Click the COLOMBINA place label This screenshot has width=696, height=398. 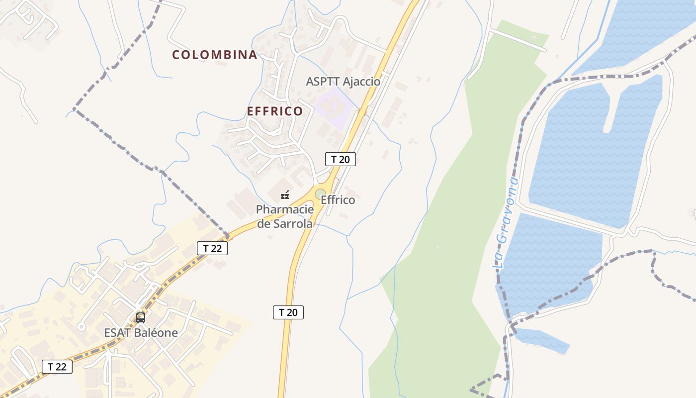(215, 55)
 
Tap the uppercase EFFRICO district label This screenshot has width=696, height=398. (275, 111)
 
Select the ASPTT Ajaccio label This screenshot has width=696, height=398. (343, 82)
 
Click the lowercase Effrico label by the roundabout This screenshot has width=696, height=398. (338, 200)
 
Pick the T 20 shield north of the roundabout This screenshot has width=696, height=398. (341, 159)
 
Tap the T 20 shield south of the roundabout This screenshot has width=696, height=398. (288, 312)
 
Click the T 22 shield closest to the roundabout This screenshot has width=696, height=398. (212, 248)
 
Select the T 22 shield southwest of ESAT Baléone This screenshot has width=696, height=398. (57, 367)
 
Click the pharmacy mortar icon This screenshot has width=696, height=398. (285, 195)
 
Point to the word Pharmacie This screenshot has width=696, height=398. (285, 209)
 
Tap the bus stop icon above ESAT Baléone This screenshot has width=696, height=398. (141, 317)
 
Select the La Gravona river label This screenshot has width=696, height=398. (506, 223)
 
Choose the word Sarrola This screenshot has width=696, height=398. (293, 224)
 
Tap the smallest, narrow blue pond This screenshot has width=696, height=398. (542, 340)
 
